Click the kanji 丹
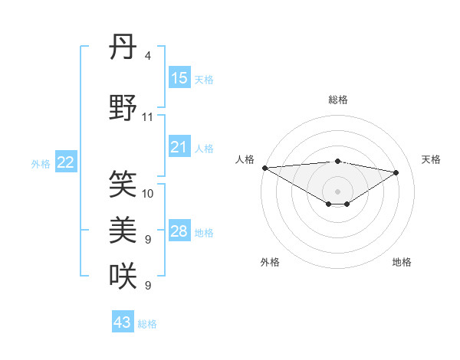tap(123, 48)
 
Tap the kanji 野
tap(123, 108)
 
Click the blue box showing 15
tap(179, 78)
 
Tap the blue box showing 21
tap(179, 147)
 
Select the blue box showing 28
tap(179, 231)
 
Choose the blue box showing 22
tap(66, 162)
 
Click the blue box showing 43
tap(123, 322)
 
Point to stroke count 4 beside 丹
tap(147, 56)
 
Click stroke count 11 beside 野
tap(148, 117)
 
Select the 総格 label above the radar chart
tap(337, 100)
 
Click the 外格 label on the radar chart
tap(270, 262)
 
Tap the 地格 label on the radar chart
tap(402, 262)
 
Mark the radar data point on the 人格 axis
tap(264, 167)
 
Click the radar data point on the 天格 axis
tap(396, 172)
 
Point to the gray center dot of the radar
tap(337, 190)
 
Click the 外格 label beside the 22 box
tap(40, 163)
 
